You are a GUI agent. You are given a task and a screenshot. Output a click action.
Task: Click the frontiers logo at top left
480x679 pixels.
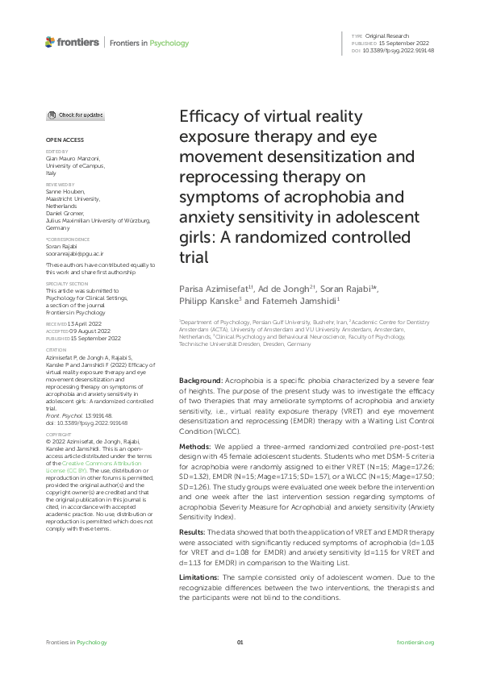tap(73, 42)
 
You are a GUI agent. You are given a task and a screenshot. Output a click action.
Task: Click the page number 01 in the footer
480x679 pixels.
tap(240, 642)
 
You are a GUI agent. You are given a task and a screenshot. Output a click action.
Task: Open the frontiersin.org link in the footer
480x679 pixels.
tap(416, 642)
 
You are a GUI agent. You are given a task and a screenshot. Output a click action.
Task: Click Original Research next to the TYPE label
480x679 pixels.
tap(387, 37)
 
